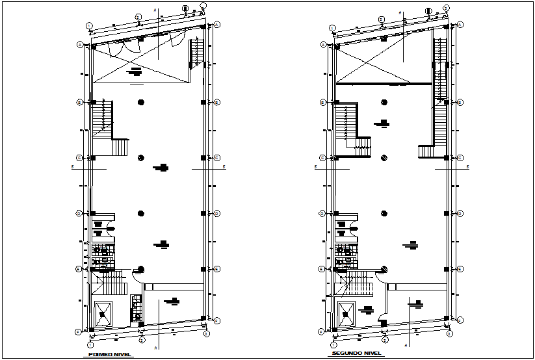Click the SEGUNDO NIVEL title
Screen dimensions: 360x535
(355, 355)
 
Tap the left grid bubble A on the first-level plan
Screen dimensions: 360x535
(79, 44)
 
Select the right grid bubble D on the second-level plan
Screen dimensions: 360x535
(460, 212)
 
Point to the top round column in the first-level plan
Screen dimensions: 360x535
(141, 102)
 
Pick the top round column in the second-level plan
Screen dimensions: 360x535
(384, 102)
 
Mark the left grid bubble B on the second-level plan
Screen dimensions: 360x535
(322, 102)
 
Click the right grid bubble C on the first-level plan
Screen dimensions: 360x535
(216, 158)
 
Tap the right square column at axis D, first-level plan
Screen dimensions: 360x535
(203, 213)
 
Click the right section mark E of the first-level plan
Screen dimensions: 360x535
(224, 168)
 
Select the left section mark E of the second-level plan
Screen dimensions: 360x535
(315, 168)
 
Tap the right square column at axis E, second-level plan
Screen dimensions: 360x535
(447, 268)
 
